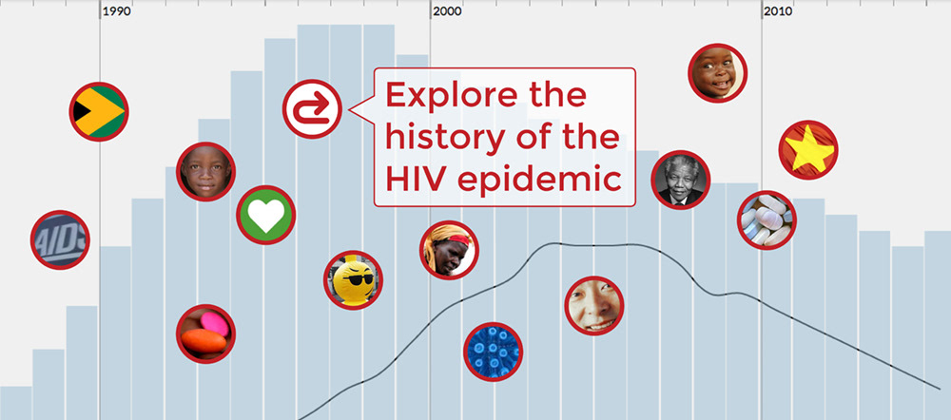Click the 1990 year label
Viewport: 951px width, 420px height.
click(x=116, y=11)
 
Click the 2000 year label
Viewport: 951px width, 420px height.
click(x=448, y=11)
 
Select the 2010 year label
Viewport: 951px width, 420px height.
click(x=779, y=11)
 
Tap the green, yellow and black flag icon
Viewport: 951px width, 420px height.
click(x=99, y=111)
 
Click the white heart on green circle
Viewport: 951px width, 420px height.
click(x=265, y=215)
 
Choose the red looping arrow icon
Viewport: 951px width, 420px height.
click(x=312, y=109)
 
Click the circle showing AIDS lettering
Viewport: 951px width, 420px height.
click(x=60, y=239)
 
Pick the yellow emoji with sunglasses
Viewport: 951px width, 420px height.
click(x=353, y=280)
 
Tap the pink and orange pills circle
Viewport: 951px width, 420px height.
click(x=205, y=334)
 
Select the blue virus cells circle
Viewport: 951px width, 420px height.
click(x=493, y=352)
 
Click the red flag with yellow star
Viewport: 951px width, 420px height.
click(x=808, y=150)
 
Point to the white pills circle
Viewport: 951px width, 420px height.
click(x=767, y=220)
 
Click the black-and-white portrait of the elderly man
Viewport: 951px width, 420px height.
click(x=681, y=180)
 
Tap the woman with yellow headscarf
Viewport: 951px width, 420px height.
click(x=449, y=250)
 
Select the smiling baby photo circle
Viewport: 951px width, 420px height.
click(x=717, y=73)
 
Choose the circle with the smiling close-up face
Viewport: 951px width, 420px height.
click(x=593, y=305)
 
